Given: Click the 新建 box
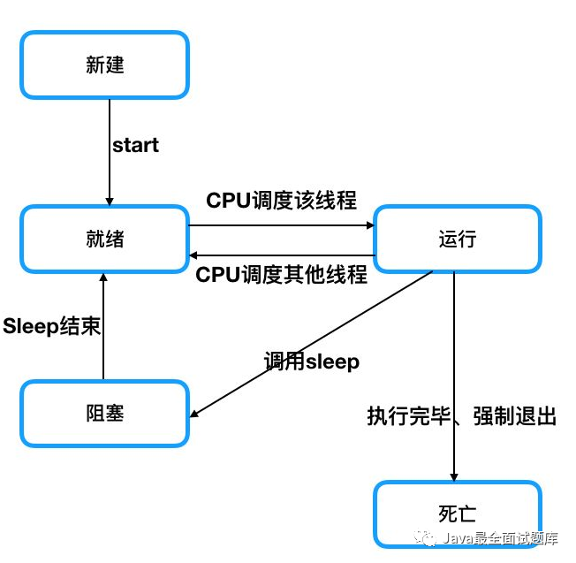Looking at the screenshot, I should click(x=104, y=66).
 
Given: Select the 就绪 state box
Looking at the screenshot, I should click(x=104, y=239).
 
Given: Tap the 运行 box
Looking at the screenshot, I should click(x=457, y=239).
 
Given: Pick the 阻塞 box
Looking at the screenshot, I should click(x=104, y=413).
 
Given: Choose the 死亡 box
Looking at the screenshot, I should click(x=457, y=514).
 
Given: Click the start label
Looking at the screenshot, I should click(x=135, y=145).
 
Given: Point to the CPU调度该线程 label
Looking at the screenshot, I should click(x=281, y=201).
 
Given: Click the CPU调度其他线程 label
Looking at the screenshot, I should click(x=281, y=274).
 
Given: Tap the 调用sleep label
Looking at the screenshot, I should click(x=311, y=361).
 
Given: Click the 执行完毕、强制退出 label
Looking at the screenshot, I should click(x=461, y=416).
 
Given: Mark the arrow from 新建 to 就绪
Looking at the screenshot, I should click(x=109, y=150).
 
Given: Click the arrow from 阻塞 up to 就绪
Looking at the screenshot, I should click(x=103, y=327).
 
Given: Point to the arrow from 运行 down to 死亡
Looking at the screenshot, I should click(x=453, y=371).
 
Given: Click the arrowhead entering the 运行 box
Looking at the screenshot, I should click(x=370, y=224).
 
